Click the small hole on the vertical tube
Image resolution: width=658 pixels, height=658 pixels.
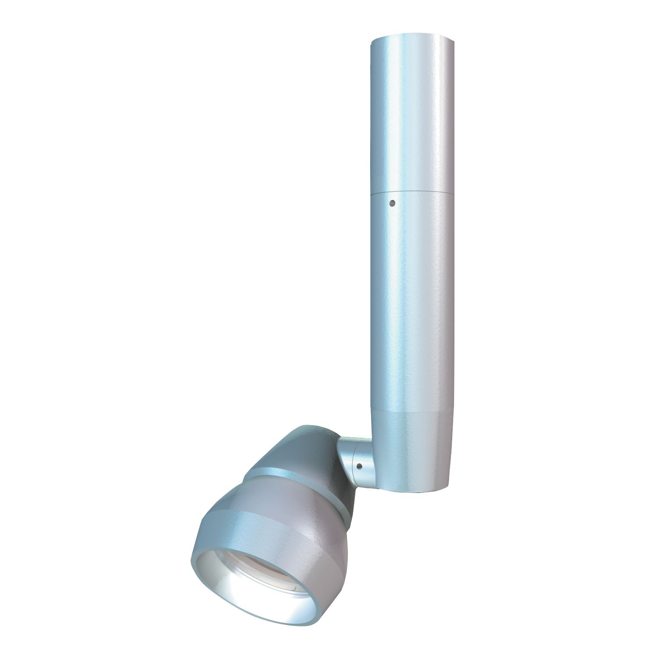[x=393, y=203]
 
